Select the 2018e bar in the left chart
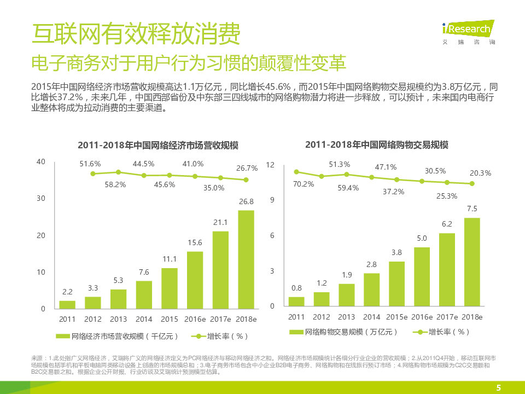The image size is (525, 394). click(246, 259)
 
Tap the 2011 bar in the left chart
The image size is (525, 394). click(67, 304)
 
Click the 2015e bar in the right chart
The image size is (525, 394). click(397, 285)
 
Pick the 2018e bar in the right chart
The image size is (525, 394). click(472, 263)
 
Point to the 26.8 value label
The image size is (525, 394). click(246, 201)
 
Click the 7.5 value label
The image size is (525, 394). click(472, 208)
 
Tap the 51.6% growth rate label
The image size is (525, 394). click(90, 164)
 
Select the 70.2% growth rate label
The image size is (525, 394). click(304, 184)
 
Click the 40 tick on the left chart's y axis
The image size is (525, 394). click(41, 162)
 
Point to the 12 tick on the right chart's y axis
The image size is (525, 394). click(270, 165)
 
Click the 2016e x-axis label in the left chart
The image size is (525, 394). click(195, 319)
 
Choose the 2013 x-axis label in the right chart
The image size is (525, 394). click(346, 317)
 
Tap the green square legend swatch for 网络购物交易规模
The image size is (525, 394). click(296, 332)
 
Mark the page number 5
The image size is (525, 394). click(498, 387)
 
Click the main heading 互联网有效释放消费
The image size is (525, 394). click(136, 35)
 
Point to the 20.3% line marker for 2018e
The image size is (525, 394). click(472, 184)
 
